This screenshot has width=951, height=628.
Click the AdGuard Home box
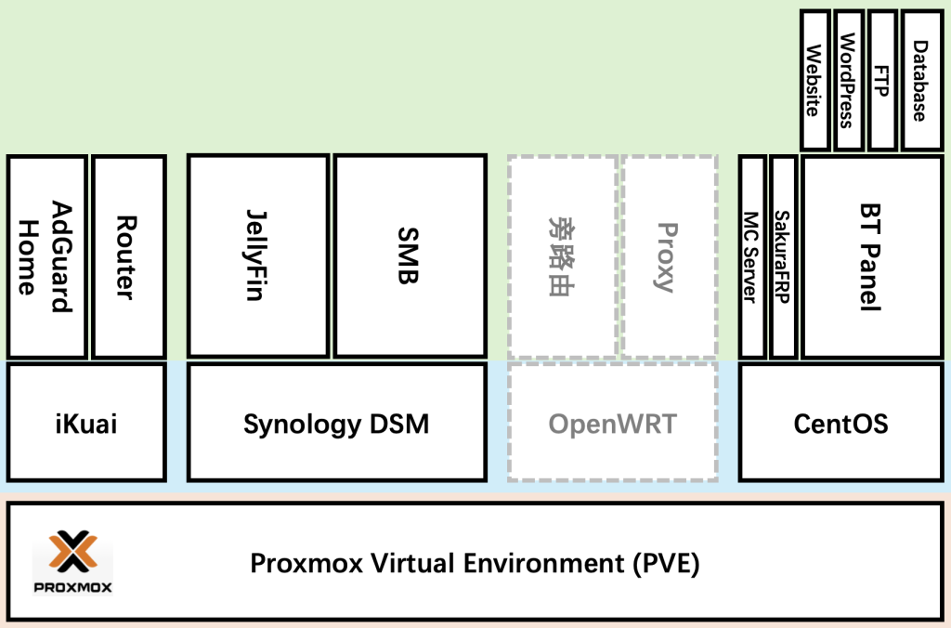click(x=46, y=256)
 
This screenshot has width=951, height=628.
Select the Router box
click(x=128, y=256)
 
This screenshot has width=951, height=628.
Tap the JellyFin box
click(x=258, y=256)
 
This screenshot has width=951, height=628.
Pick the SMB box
click(x=410, y=256)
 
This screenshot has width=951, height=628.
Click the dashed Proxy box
click(x=669, y=256)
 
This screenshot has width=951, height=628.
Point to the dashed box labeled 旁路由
click(x=562, y=256)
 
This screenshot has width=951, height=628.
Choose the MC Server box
click(x=752, y=256)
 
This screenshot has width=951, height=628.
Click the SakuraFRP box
click(x=783, y=256)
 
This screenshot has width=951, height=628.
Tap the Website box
click(x=814, y=80)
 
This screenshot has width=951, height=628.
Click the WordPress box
click(x=847, y=80)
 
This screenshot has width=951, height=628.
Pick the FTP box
click(x=881, y=80)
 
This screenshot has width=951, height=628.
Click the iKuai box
click(x=86, y=424)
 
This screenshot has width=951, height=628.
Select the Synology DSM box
click(x=336, y=424)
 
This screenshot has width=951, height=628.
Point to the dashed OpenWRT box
click(x=612, y=424)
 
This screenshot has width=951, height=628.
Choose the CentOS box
click(x=840, y=424)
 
